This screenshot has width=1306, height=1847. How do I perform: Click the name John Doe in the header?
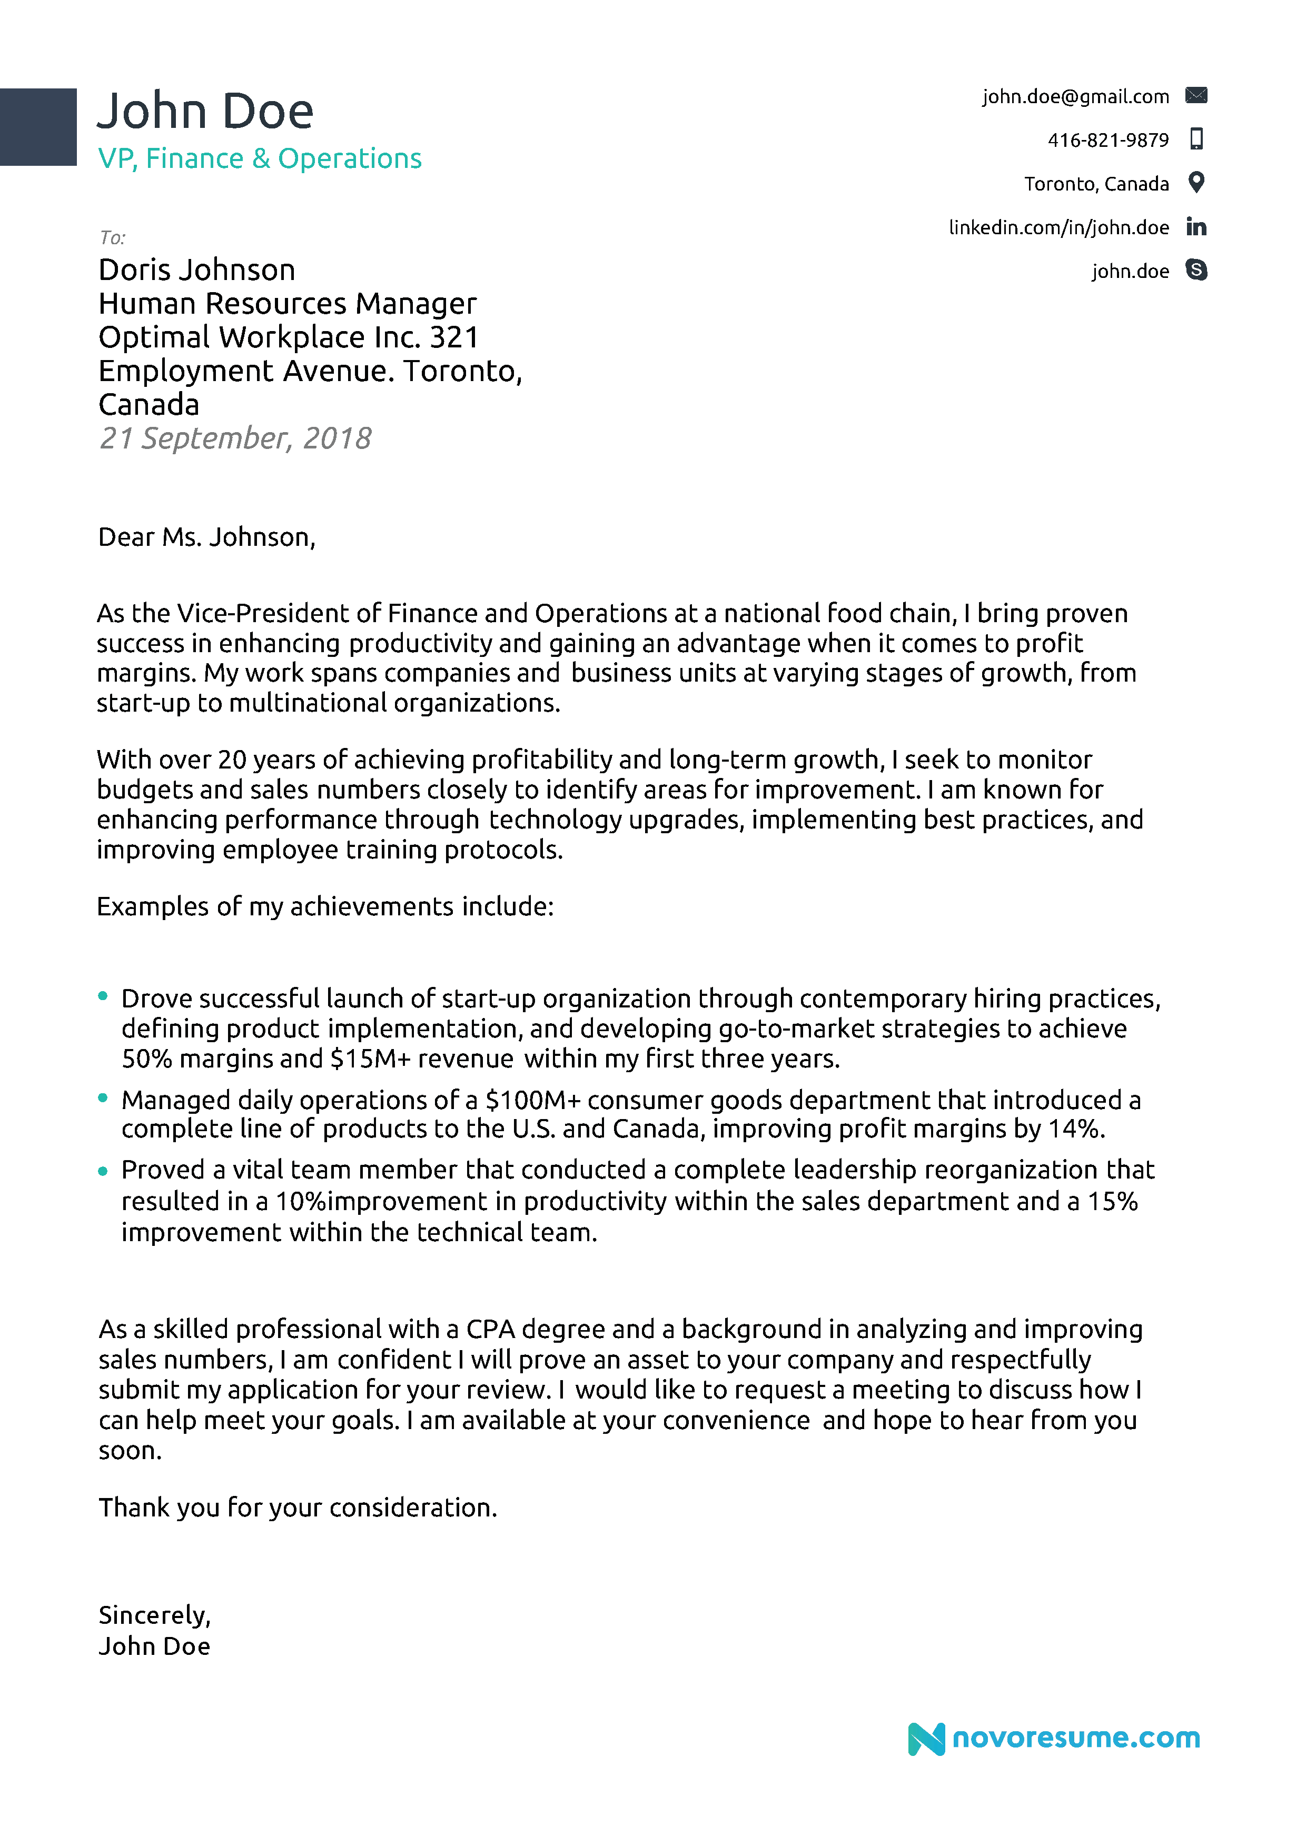tap(205, 111)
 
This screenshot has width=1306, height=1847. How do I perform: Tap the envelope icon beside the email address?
tap(1196, 96)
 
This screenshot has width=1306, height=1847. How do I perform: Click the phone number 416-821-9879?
tap(1107, 140)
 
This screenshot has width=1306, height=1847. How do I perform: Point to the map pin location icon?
tap(1196, 183)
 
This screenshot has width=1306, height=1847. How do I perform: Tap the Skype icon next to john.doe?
tap(1196, 271)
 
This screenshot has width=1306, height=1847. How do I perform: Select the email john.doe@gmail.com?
tap(1075, 96)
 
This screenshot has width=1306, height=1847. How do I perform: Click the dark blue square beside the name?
tap(38, 127)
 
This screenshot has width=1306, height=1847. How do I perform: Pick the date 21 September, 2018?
tap(234, 438)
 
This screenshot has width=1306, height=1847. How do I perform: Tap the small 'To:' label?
tap(112, 237)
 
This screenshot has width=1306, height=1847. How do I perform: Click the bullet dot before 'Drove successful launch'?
tap(103, 996)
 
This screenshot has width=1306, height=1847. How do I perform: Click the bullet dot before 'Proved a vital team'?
tap(103, 1171)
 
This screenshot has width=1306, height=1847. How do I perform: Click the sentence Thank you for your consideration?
tap(298, 1507)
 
